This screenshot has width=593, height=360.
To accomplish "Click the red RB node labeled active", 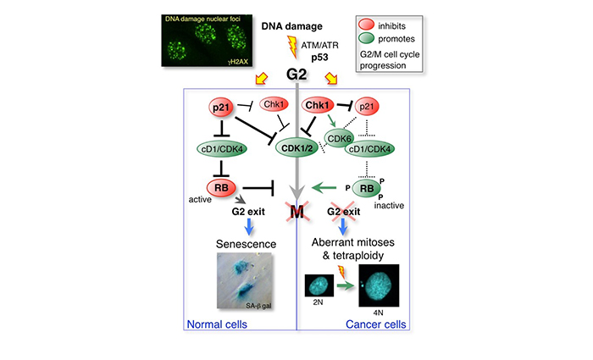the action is (221, 187).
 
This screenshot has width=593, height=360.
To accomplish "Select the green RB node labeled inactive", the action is (367, 188).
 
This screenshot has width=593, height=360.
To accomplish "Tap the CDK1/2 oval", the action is (297, 148).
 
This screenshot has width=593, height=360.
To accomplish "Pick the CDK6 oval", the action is (339, 138).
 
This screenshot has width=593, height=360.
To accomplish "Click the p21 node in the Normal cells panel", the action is (221, 108).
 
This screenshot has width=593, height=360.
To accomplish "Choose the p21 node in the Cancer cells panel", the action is (367, 106).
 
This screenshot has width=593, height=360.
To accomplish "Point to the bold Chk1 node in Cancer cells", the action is (318, 105).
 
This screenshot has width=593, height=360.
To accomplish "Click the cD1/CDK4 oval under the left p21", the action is (222, 149).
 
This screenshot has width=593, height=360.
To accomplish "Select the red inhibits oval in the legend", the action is (366, 25).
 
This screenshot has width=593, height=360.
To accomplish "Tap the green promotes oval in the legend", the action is (366, 38).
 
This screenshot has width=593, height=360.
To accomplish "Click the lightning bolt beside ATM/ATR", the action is (292, 47).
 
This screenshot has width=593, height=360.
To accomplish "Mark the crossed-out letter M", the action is (296, 212).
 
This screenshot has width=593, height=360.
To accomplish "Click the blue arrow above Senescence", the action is (249, 227).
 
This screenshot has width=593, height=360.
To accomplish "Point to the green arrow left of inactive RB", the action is (324, 187).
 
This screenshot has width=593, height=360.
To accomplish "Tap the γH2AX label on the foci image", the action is (238, 61).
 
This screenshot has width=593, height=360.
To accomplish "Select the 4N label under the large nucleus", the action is (378, 313).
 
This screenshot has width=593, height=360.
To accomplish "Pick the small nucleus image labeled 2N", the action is (319, 285).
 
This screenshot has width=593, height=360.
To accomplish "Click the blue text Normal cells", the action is (217, 324).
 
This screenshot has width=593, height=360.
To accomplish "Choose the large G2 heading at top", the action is (296, 75).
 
